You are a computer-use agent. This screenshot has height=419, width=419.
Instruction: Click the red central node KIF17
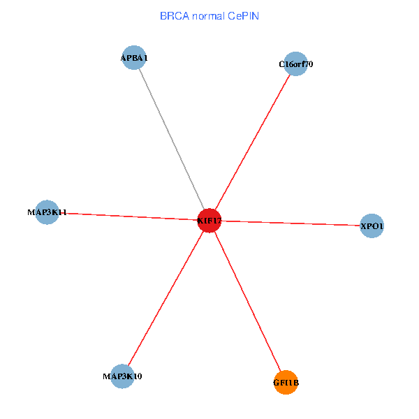pyautogui.click(x=209, y=221)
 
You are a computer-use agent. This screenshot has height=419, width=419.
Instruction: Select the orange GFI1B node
pyautogui.click(x=286, y=382)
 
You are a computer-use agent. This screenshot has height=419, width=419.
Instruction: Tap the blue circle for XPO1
pyautogui.click(x=372, y=226)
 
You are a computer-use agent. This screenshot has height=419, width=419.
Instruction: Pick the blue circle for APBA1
pyautogui.click(x=133, y=58)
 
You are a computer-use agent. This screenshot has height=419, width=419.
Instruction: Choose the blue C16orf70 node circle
pyautogui.click(x=296, y=64)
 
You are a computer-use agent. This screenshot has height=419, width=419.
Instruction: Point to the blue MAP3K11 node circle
pyautogui.click(x=47, y=212)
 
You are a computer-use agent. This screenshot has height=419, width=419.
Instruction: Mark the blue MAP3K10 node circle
pyautogui.click(x=122, y=376)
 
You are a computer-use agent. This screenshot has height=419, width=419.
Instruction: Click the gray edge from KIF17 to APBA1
pyautogui.click(x=171, y=139)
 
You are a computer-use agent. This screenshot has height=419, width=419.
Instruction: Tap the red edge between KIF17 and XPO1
pyautogui.click(x=293, y=223)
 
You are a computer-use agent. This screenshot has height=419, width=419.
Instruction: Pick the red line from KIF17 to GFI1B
pyautogui.click(x=248, y=302)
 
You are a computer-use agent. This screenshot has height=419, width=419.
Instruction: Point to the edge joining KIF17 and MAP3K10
pyautogui.click(x=166, y=298)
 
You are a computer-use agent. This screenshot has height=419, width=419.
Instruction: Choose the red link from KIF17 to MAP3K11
pyautogui.click(x=129, y=216)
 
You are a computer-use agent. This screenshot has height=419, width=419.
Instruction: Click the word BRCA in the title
pyautogui.click(x=173, y=15)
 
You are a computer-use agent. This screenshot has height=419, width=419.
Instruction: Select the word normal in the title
pyautogui.click(x=209, y=15)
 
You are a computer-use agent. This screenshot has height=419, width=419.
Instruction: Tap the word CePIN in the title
pyautogui.click(x=244, y=15)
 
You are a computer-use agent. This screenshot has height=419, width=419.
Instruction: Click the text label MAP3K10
pyautogui.click(x=122, y=376)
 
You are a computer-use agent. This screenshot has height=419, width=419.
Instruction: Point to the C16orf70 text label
pyautogui.click(x=296, y=64)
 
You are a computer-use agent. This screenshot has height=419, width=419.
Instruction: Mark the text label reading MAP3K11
pyautogui.click(x=47, y=212)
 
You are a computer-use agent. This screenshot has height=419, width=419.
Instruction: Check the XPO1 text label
pyautogui.click(x=372, y=226)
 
